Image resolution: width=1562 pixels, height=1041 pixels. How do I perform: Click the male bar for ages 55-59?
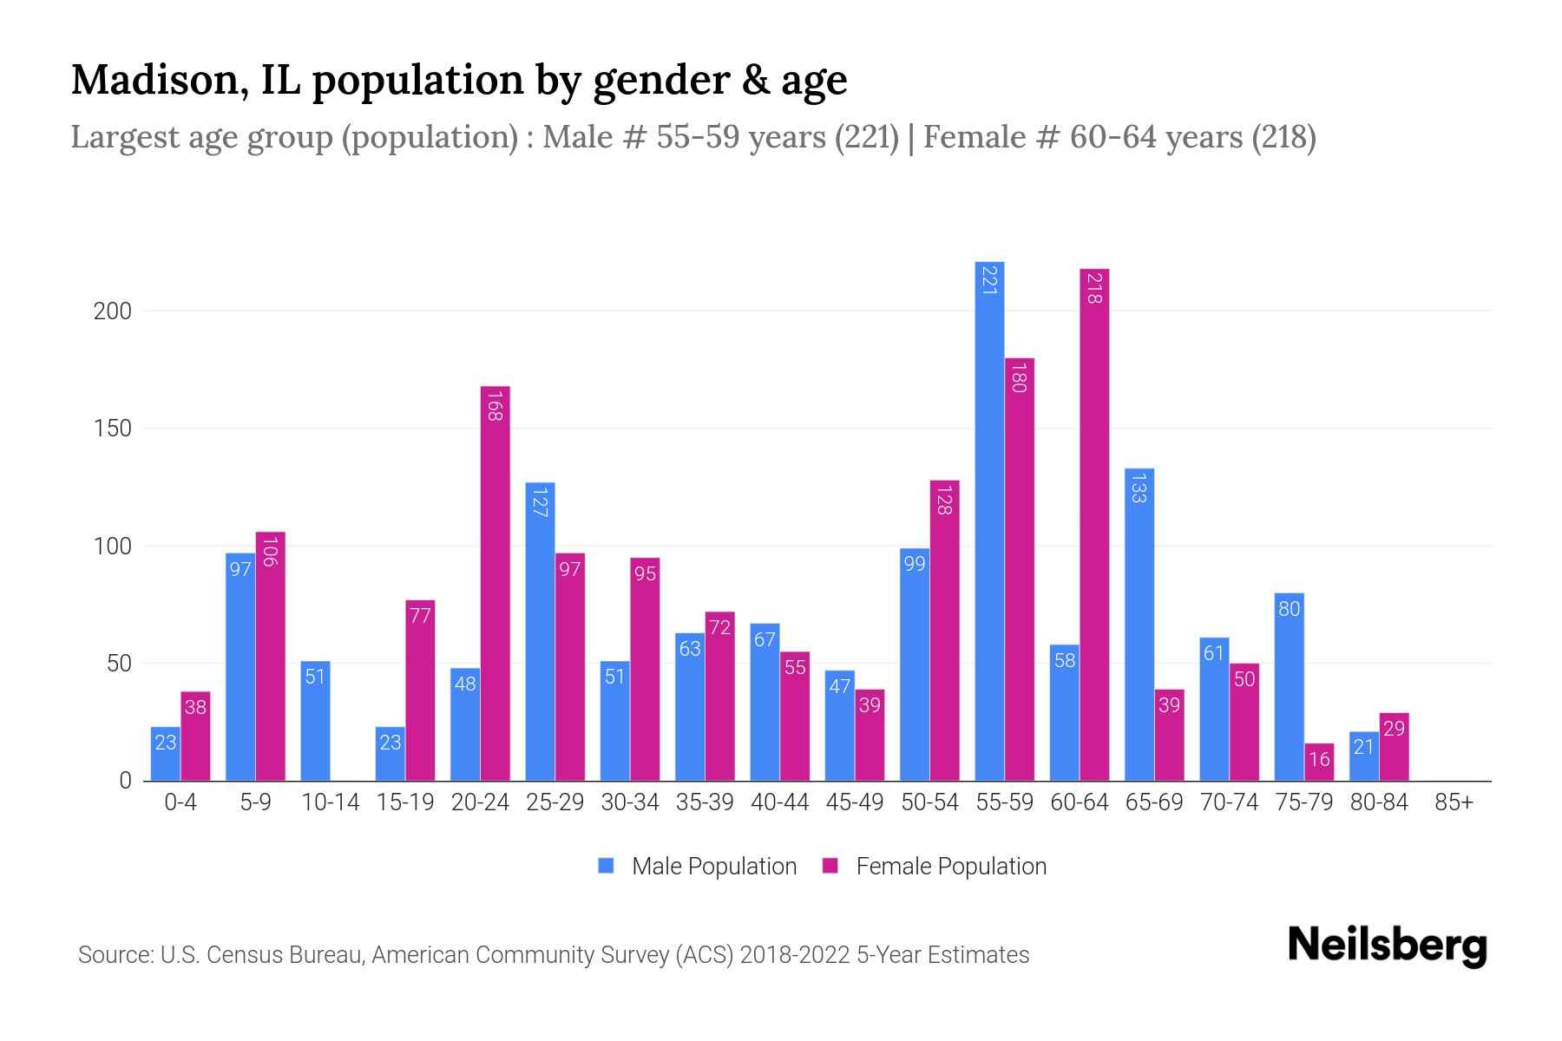[989, 520]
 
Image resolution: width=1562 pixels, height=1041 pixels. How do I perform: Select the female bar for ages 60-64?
[1094, 525]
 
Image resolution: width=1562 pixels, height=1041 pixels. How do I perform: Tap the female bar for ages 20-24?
[495, 583]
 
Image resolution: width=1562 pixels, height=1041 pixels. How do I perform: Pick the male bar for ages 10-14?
[315, 721]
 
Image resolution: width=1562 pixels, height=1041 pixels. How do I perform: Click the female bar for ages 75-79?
[1319, 762]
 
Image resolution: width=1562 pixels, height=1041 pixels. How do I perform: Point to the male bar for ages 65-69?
[1139, 625]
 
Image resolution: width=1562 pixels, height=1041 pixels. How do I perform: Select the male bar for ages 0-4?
[165, 753]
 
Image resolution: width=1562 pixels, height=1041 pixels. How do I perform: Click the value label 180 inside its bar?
[1019, 378]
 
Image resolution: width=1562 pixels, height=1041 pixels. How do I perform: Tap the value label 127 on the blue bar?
[540, 502]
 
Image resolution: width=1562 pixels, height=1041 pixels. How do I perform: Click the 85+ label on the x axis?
[1454, 802]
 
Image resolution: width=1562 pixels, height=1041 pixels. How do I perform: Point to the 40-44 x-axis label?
[779, 802]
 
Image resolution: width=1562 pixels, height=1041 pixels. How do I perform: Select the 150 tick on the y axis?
[113, 429]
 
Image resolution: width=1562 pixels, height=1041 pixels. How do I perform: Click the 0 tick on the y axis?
[125, 781]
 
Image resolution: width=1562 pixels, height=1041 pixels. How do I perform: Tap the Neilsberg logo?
[1388, 945]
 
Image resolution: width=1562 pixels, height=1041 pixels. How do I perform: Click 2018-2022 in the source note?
[795, 955]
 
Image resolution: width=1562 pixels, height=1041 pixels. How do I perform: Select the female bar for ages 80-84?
[1394, 747]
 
